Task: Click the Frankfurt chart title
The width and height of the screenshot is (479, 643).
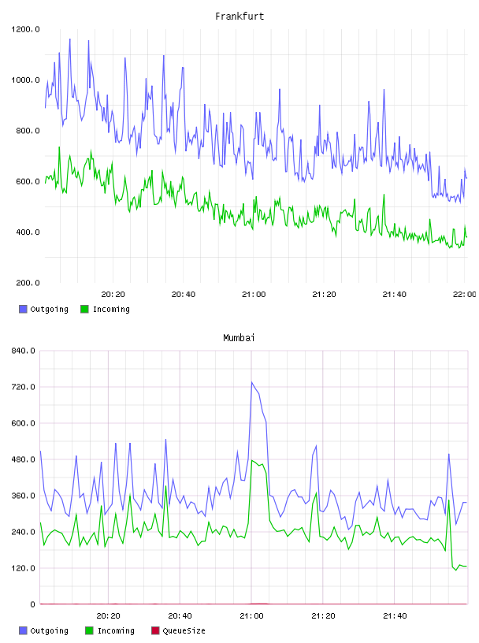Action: pos(239,17)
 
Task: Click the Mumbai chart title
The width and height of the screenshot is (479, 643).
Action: pos(239,338)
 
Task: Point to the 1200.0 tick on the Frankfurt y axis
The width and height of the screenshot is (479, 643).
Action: pos(25,29)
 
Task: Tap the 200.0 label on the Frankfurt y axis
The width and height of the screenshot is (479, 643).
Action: pos(28,283)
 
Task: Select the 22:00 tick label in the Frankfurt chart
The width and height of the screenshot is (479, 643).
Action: pos(464,295)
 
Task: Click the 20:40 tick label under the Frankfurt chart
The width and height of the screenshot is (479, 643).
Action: pos(184,295)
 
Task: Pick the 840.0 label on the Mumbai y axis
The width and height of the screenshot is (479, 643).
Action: pos(23,351)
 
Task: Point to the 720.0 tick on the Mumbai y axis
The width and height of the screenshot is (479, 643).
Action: pos(23,387)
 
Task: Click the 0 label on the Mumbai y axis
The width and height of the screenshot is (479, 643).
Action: pos(32,604)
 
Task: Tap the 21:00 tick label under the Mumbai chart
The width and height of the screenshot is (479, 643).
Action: pos(252,616)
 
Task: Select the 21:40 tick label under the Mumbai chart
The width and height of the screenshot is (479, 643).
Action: pos(395,616)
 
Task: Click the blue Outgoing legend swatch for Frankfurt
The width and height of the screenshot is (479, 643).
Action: pos(23,309)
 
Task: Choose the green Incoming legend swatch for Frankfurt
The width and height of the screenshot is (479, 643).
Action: pos(84,309)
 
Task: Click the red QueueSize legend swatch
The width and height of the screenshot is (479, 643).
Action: pos(155,630)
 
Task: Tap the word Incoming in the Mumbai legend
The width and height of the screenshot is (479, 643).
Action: pos(116,630)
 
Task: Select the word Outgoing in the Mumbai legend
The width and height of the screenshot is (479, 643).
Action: pos(49,630)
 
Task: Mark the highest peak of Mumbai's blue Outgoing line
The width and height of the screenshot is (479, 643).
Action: pos(252,382)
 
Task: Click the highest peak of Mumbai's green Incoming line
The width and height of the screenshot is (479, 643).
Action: pos(252,460)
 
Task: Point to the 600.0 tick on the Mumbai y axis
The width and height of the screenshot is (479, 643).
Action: pos(23,423)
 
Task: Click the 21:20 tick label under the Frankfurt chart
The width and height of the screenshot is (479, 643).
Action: pos(324,295)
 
